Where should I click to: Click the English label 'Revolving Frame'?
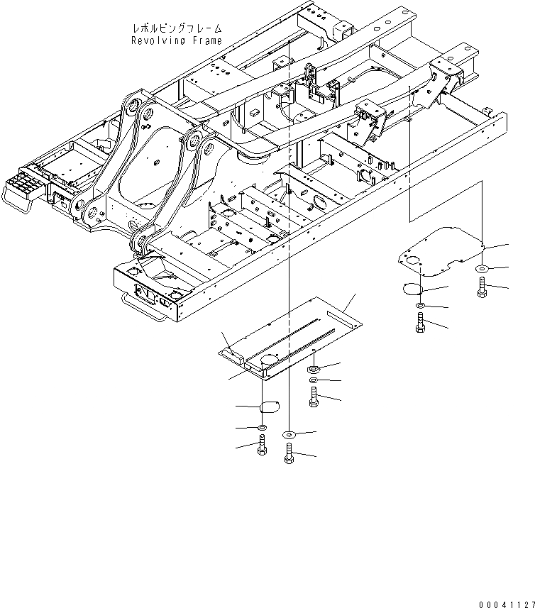tap(176, 40)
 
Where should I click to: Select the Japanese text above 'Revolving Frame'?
tap(177, 28)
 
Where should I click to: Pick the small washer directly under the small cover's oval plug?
tap(420, 306)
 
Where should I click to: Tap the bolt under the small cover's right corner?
tap(483, 287)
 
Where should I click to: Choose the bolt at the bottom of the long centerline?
tap(289, 452)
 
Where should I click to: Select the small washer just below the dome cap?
tap(263, 429)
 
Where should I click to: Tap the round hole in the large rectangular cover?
tap(267, 360)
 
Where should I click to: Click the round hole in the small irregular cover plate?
tap(407, 261)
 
